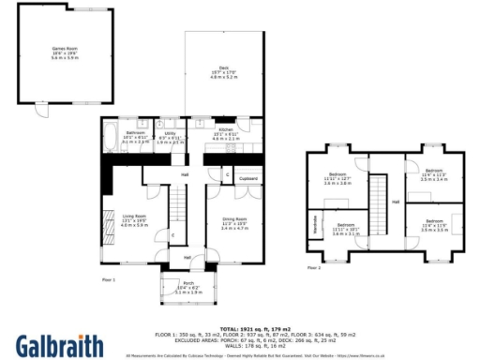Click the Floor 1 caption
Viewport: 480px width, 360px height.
coord(107,278)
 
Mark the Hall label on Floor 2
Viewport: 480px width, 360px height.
coord(396,202)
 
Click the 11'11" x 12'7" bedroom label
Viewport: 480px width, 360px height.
coord(337,178)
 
